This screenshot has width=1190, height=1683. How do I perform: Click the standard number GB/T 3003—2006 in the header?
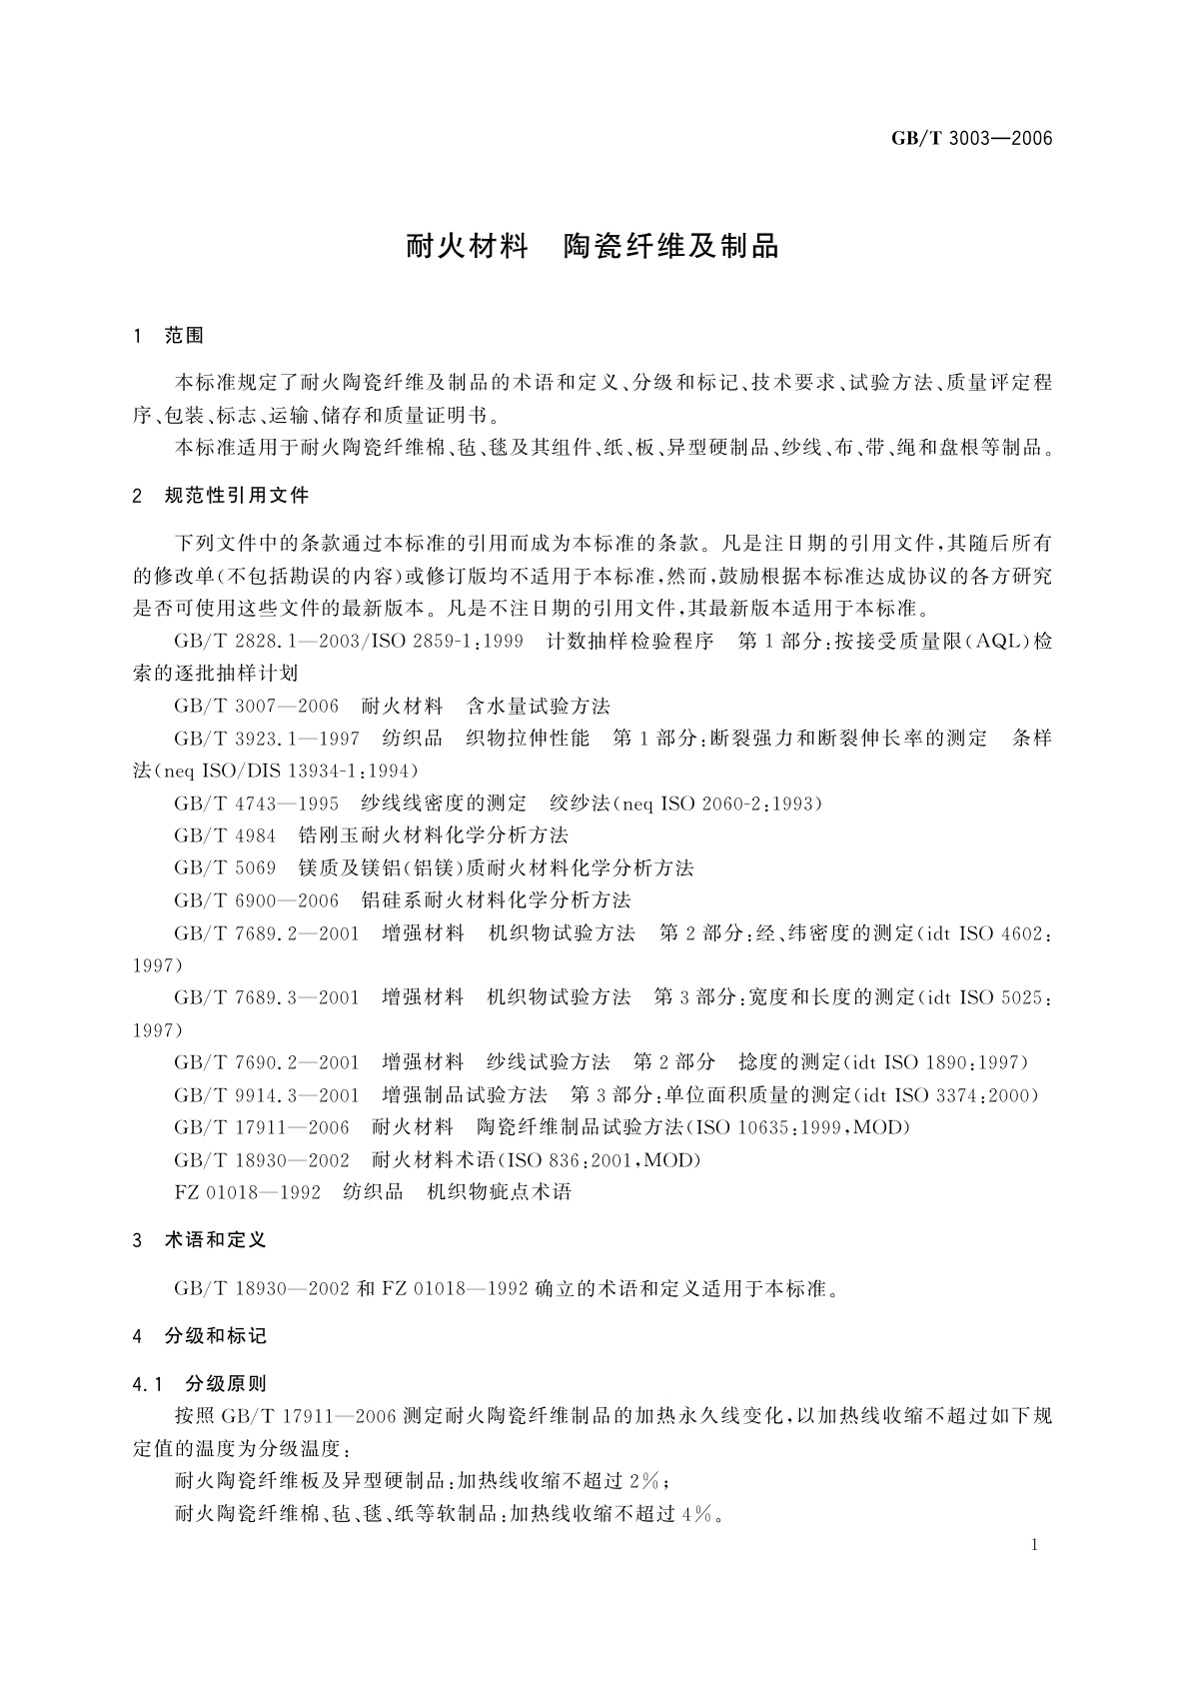tap(972, 139)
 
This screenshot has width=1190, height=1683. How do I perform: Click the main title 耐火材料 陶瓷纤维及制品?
tap(592, 246)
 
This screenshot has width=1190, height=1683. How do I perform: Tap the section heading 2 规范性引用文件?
tap(221, 496)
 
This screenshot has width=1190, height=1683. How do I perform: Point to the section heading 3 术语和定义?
tap(199, 1240)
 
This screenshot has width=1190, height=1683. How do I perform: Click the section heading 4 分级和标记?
tap(199, 1336)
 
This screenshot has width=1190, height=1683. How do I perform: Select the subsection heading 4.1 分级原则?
tap(199, 1384)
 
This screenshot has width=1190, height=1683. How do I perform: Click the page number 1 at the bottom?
tap(1034, 1545)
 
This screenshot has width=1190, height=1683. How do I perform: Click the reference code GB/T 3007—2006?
tap(257, 707)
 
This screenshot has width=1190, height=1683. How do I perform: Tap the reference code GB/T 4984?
tap(225, 836)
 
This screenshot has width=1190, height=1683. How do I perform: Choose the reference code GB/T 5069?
tap(225, 867)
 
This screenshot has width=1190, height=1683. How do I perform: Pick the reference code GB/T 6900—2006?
tap(257, 900)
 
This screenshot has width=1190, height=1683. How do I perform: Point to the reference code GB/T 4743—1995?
tap(257, 804)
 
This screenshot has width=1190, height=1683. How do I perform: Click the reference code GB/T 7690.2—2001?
tap(267, 1062)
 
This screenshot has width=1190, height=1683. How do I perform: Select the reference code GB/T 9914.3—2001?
tap(267, 1095)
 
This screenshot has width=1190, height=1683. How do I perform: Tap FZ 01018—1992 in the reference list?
tap(248, 1192)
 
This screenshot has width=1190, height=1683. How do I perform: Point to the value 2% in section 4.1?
tap(644, 1481)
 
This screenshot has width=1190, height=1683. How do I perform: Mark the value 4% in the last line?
tap(699, 1514)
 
